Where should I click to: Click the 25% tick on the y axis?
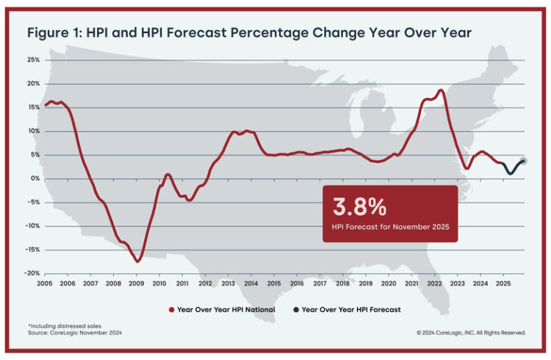[33, 60]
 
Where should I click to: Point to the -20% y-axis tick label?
[32, 273]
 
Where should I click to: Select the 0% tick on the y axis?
[35, 179]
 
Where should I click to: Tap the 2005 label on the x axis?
[44, 284]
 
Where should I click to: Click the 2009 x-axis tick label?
[136, 284]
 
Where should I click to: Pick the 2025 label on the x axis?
[503, 284]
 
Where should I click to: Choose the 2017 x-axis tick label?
[320, 284]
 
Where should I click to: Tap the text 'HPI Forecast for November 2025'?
[389, 226]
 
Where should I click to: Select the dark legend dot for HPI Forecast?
[295, 309]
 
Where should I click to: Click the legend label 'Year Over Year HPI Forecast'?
[351, 309]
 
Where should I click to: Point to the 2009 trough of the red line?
[137, 261]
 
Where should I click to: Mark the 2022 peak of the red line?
[440, 90]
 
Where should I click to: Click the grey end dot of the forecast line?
[524, 161]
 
